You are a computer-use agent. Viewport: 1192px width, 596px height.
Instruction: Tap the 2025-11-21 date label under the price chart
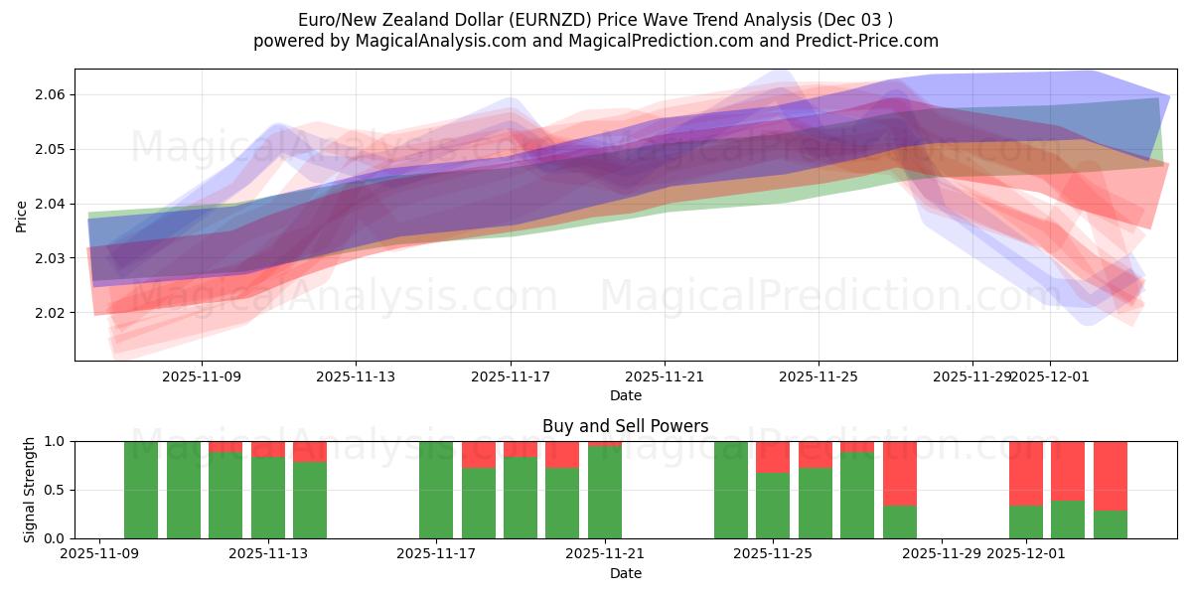pyautogui.click(x=665, y=377)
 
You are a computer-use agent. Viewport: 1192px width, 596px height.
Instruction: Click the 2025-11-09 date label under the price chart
pyautogui.click(x=202, y=377)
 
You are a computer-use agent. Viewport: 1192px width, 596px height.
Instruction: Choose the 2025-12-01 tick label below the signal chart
pyautogui.click(x=1026, y=554)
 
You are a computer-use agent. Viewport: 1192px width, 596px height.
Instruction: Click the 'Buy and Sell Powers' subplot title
pyautogui.click(x=625, y=426)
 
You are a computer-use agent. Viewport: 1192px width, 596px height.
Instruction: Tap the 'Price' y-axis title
pyautogui.click(x=22, y=215)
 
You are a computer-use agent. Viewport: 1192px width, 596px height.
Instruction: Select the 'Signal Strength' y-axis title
pyautogui.click(x=30, y=490)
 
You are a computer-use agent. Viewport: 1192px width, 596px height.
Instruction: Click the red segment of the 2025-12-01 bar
pyautogui.click(x=1026, y=473)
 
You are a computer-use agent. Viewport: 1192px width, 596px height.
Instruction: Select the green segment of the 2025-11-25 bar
pyautogui.click(x=773, y=506)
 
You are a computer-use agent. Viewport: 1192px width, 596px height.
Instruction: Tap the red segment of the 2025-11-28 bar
pyautogui.click(x=899, y=473)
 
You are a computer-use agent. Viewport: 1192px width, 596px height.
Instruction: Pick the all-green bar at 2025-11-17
pyautogui.click(x=436, y=490)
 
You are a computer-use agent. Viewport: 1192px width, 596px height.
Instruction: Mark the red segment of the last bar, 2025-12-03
pyautogui.click(x=1111, y=475)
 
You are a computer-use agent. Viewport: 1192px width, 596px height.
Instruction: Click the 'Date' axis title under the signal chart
pyautogui.click(x=625, y=573)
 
